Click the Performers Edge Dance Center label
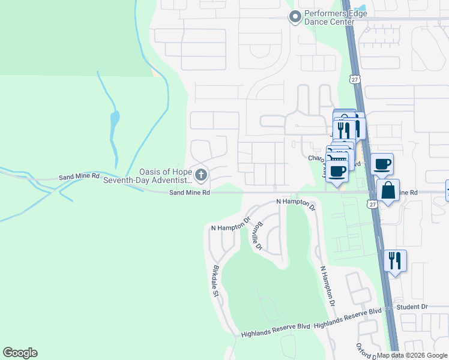click(x=330, y=17)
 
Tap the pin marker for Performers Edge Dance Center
click(x=295, y=17)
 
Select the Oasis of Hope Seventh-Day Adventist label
click(x=148, y=175)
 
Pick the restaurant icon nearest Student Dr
click(x=395, y=261)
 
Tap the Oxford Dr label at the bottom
click(x=366, y=352)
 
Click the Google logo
click(x=20, y=353)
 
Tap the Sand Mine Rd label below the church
click(x=189, y=193)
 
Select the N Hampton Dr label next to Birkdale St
click(x=231, y=226)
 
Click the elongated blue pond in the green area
click(x=114, y=125)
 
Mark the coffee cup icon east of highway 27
click(x=382, y=164)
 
